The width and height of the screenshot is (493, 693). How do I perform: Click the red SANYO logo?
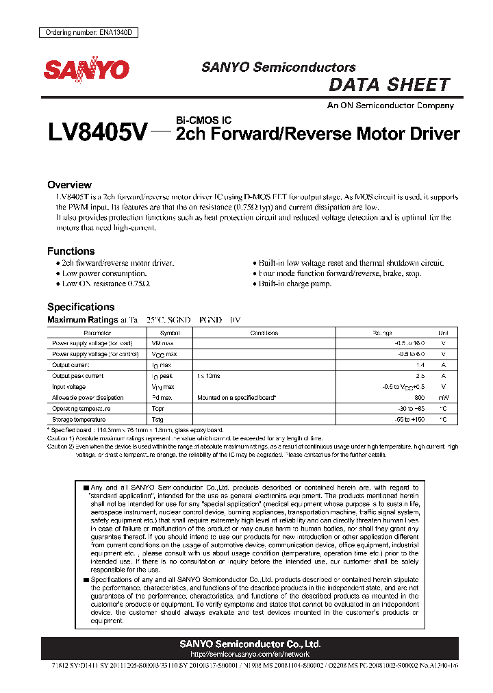[x=86, y=70]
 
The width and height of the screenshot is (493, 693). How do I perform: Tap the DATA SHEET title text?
[x=389, y=85]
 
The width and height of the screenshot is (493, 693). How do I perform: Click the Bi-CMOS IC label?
[x=203, y=121]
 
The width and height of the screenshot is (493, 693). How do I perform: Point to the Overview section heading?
[x=69, y=185]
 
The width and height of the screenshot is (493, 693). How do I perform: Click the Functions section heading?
[x=71, y=251]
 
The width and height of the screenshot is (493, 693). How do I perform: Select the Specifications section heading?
[x=81, y=307]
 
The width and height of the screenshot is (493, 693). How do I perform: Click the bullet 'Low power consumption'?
[x=103, y=273]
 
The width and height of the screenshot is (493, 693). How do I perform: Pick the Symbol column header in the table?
[x=161, y=333]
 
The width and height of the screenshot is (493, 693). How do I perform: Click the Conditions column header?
[x=264, y=333]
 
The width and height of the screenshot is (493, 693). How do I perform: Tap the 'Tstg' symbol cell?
[x=158, y=419]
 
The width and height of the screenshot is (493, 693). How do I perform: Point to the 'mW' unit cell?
[x=443, y=397]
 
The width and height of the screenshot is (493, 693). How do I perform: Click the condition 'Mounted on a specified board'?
[x=236, y=397]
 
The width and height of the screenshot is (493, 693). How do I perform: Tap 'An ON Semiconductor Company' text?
[x=390, y=105]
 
